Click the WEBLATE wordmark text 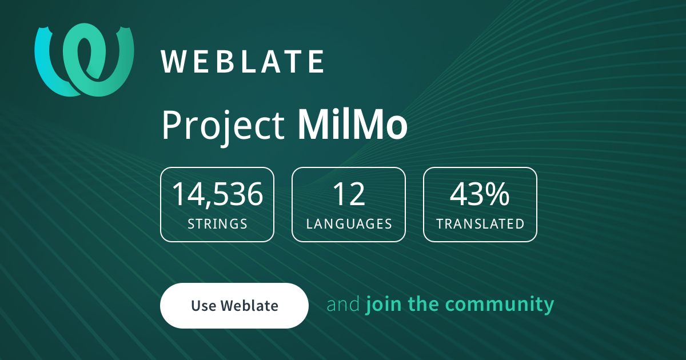[x=243, y=62]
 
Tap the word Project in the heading [x=223, y=125]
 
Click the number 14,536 [x=217, y=194]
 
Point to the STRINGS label [x=217, y=223]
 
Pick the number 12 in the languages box [x=349, y=194]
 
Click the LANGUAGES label [x=349, y=223]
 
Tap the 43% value [x=480, y=194]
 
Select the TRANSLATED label [x=480, y=223]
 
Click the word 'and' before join [x=344, y=305]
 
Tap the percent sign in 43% [x=497, y=194]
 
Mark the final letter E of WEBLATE [x=316, y=62]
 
